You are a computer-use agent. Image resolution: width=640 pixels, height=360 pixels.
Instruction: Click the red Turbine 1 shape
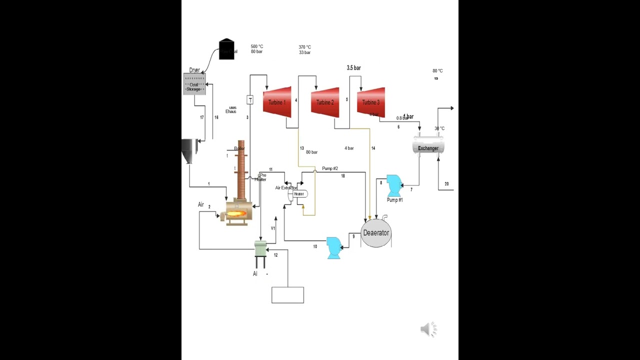[x=277, y=102]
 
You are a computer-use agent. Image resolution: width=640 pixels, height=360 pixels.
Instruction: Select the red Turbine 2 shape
[x=325, y=102]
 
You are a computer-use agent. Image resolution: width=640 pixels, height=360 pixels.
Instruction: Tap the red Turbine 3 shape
[x=371, y=102]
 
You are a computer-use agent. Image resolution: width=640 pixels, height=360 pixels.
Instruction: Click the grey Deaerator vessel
[x=376, y=233]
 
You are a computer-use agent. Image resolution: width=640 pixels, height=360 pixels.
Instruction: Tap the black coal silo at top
[x=226, y=49]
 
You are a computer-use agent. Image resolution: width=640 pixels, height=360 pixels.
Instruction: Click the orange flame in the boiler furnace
[x=236, y=214]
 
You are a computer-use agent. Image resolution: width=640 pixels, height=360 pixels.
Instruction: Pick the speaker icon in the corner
[x=428, y=329]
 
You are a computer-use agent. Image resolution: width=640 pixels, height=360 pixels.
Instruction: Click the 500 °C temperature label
[x=257, y=46]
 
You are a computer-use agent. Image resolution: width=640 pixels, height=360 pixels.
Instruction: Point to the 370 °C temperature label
[x=305, y=47]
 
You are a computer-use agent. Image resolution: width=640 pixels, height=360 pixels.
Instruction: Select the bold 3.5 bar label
[x=353, y=68]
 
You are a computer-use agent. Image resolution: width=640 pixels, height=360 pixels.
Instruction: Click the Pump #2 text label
[x=330, y=168]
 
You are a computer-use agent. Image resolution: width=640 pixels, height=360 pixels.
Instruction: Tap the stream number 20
[x=446, y=184]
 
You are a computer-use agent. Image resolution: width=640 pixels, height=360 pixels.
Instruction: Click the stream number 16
[x=216, y=117]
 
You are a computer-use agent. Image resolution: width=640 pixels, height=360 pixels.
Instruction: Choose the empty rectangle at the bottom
[x=287, y=295]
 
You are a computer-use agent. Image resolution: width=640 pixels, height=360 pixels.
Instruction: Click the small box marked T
[x=250, y=100]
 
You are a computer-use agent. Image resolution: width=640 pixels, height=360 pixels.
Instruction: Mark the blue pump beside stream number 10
[x=333, y=247]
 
